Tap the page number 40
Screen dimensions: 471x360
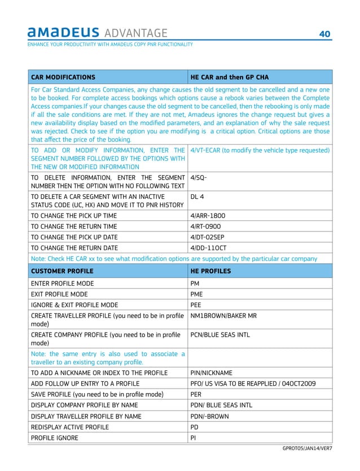pyautogui.click(x=324, y=34)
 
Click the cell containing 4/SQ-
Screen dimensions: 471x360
pyautogui.click(x=200, y=177)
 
